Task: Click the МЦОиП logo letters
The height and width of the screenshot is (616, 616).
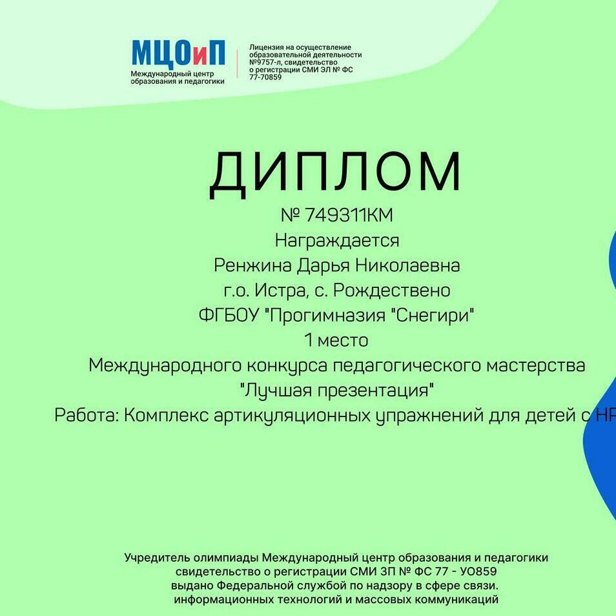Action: click(x=178, y=52)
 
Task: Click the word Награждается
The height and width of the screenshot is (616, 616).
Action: click(x=336, y=241)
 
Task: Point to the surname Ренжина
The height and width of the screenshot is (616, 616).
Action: click(x=252, y=265)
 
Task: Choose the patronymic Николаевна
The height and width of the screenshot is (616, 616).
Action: click(x=407, y=265)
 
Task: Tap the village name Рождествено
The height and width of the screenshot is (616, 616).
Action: click(x=392, y=291)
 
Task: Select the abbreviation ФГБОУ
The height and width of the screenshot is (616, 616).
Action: click(x=229, y=316)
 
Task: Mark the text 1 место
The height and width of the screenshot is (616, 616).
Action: click(x=336, y=340)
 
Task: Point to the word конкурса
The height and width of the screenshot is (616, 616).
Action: click(x=287, y=365)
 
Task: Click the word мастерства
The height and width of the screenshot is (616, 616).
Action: click(x=536, y=365)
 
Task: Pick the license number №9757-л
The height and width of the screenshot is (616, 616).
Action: click(x=265, y=63)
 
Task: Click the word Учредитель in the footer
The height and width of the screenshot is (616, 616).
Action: click(x=158, y=558)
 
